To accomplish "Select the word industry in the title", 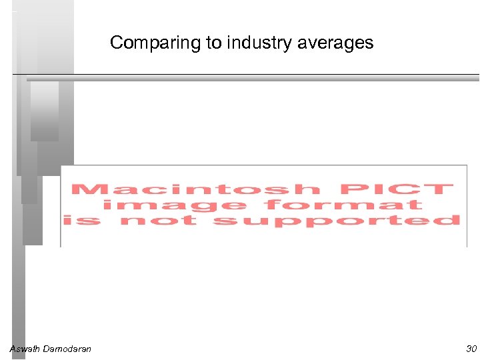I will tap(255, 43).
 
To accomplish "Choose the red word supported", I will tap(337, 220).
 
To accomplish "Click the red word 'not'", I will tap(159, 220).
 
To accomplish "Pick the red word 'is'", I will tap(81, 220).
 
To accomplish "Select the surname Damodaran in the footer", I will tap(67, 349).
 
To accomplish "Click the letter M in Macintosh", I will tap(86, 189).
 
